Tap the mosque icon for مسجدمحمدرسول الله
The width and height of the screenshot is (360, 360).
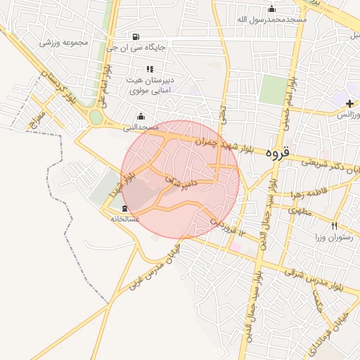272,8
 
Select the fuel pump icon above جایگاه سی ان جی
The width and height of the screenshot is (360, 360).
134,36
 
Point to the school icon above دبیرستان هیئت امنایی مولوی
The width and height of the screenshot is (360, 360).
149,69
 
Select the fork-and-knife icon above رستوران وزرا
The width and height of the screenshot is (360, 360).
335,226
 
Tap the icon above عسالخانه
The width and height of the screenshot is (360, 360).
124,208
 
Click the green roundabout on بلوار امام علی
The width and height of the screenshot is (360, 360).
95,117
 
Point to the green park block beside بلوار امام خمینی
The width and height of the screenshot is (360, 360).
274,89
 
